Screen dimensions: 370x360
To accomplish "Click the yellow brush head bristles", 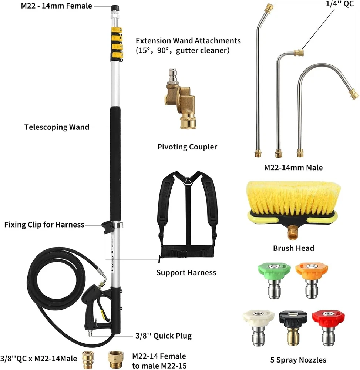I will [292, 196].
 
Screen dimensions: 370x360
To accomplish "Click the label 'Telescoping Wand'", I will [57, 127].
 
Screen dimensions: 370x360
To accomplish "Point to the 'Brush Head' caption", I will [294, 248].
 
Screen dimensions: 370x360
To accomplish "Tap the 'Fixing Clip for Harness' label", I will [44, 225].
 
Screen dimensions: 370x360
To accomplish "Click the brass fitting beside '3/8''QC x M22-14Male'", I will [88, 358].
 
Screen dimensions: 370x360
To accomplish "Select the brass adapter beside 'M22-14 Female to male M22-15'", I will [114, 358].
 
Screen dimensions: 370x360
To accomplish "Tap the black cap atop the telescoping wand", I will [113, 7].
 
